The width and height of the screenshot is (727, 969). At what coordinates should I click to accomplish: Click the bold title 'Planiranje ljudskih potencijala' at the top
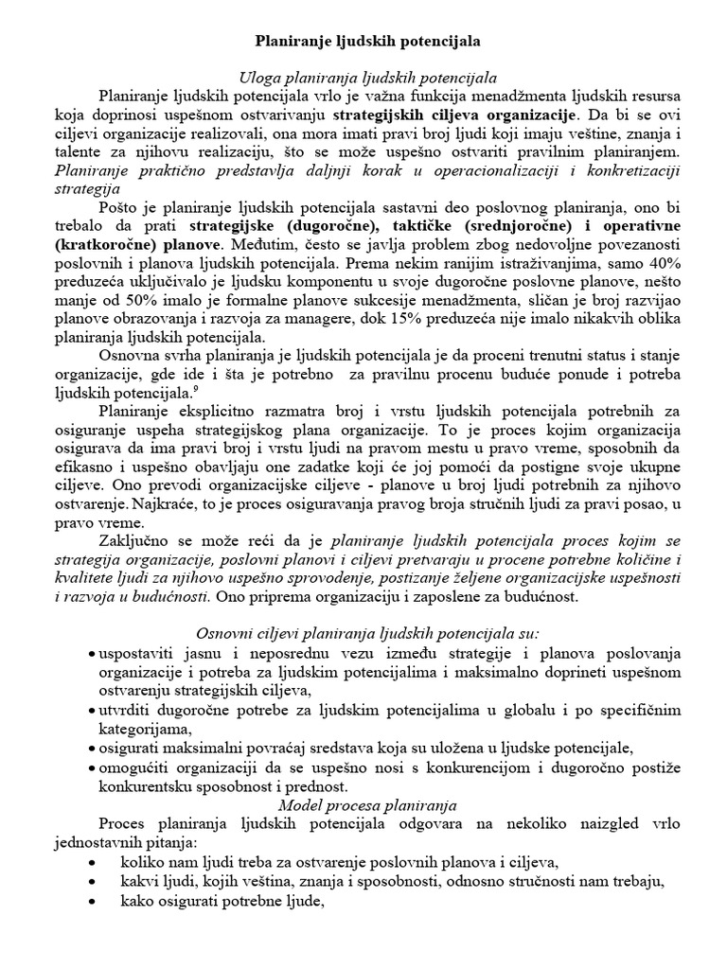point(368,42)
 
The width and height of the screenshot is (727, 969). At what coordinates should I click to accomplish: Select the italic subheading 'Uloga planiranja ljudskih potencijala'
point(367,78)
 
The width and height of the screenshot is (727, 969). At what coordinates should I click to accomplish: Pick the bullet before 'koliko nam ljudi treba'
point(90,860)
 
